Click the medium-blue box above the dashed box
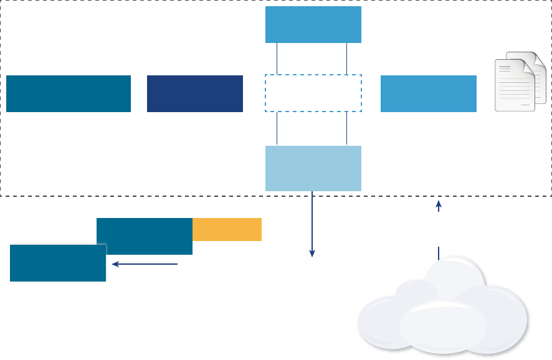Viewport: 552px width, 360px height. [x=313, y=25]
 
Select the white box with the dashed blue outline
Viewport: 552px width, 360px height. [x=313, y=93]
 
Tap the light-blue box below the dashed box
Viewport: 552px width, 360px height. [x=313, y=168]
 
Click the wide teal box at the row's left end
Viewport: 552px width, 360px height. [x=69, y=93]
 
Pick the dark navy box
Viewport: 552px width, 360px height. [x=195, y=93]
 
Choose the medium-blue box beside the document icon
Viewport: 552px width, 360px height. [x=429, y=93]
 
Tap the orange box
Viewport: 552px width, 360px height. [x=227, y=229]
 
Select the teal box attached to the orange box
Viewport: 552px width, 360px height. [x=145, y=236]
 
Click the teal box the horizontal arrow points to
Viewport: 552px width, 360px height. [x=58, y=263]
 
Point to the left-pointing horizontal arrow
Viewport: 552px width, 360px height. [x=145, y=264]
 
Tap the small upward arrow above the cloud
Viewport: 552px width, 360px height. [x=439, y=206]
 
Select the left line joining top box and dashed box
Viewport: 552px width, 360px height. [x=277, y=59]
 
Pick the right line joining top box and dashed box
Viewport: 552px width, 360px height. [x=346, y=59]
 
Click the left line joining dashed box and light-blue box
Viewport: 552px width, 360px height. [x=277, y=128]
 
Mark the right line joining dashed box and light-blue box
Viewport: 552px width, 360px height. [x=346, y=128]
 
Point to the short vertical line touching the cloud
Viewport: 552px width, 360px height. [x=439, y=253]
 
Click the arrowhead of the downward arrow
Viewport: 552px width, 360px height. [x=312, y=253]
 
